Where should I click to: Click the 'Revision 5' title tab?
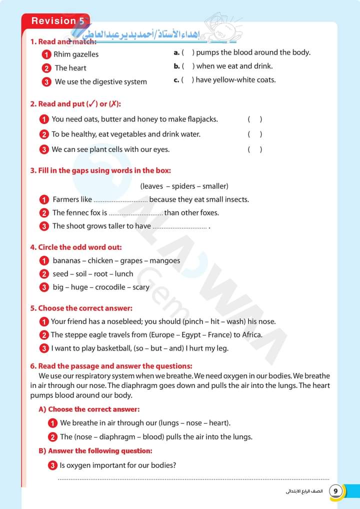click(x=56, y=21)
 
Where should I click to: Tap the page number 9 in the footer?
click(x=335, y=491)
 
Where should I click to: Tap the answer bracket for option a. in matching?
click(x=188, y=52)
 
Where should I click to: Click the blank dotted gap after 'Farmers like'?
click(x=120, y=200)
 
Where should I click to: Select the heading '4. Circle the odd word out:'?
click(x=76, y=247)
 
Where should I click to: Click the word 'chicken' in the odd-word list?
click(x=100, y=260)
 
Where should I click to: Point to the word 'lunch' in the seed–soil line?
click(x=124, y=274)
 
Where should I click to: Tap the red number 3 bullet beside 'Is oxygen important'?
click(x=52, y=465)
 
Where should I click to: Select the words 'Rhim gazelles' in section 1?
click(x=76, y=54)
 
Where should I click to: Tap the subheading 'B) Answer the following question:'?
click(x=95, y=451)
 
